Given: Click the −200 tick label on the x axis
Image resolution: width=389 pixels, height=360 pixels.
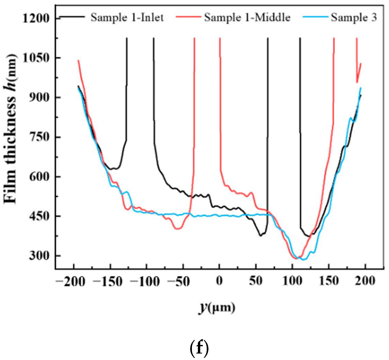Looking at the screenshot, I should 70,281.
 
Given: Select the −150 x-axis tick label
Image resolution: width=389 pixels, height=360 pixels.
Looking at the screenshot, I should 107,281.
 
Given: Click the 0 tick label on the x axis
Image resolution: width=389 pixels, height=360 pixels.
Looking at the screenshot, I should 219,281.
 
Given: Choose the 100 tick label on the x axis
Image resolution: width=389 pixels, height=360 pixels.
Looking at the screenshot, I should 292,281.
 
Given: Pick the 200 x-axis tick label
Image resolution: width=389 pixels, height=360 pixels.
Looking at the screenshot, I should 365,281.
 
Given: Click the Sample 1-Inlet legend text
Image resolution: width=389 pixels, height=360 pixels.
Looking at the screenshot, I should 127,18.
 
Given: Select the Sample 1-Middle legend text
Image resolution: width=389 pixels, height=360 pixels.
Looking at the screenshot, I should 247,18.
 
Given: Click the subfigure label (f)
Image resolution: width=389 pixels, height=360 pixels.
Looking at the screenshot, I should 199,348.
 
